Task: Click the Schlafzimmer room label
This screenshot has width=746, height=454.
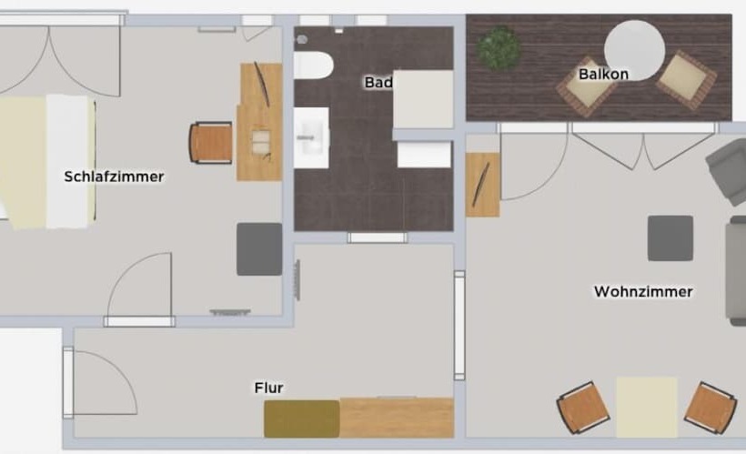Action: tap(114, 177)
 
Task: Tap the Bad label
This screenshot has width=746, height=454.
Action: tap(378, 82)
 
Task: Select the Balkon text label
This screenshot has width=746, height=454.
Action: tap(603, 75)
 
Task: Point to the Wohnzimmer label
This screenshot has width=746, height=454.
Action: tap(643, 291)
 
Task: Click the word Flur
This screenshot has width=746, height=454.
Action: tap(268, 388)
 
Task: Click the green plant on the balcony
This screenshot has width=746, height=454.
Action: tap(499, 48)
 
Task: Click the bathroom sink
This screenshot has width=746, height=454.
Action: tap(312, 137)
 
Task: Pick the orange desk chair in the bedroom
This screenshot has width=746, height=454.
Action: tap(211, 143)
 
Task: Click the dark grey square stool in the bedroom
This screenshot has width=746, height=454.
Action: tap(259, 249)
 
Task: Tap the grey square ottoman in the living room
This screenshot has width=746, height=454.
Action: tap(670, 238)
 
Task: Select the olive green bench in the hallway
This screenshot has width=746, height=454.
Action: tap(302, 419)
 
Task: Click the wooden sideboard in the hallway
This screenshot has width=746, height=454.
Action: tap(397, 418)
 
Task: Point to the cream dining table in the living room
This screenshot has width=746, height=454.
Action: tap(647, 407)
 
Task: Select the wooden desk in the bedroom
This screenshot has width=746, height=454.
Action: tap(259, 122)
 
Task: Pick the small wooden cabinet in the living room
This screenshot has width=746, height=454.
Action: tap(482, 185)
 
